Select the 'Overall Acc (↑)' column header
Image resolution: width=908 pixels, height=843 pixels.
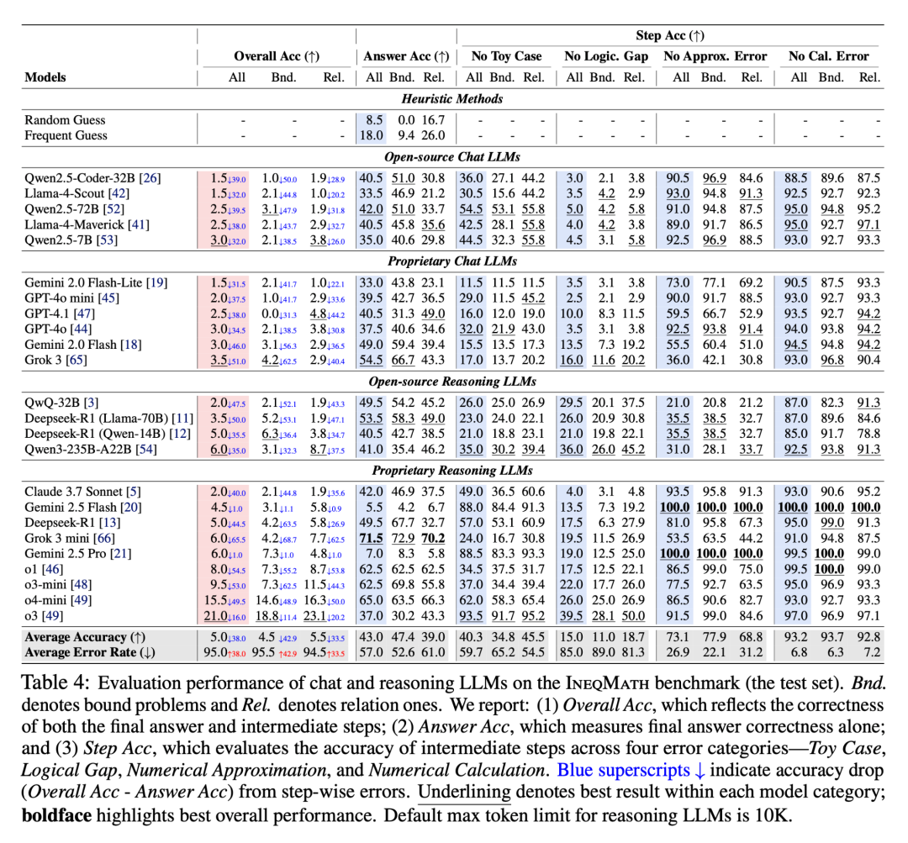[x=277, y=56]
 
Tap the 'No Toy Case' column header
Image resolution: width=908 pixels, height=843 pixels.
[x=506, y=56]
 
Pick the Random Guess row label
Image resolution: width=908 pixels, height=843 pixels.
[x=66, y=120]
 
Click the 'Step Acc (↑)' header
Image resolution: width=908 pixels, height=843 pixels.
[x=670, y=36]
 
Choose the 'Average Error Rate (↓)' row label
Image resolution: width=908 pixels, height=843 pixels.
[x=87, y=652]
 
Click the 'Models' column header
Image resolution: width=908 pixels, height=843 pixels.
[x=45, y=77]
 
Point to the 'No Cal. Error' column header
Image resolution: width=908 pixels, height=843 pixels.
[x=828, y=56]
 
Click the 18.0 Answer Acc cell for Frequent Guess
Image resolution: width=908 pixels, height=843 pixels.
[x=371, y=135]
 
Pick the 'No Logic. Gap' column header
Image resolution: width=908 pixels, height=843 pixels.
[x=606, y=56]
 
